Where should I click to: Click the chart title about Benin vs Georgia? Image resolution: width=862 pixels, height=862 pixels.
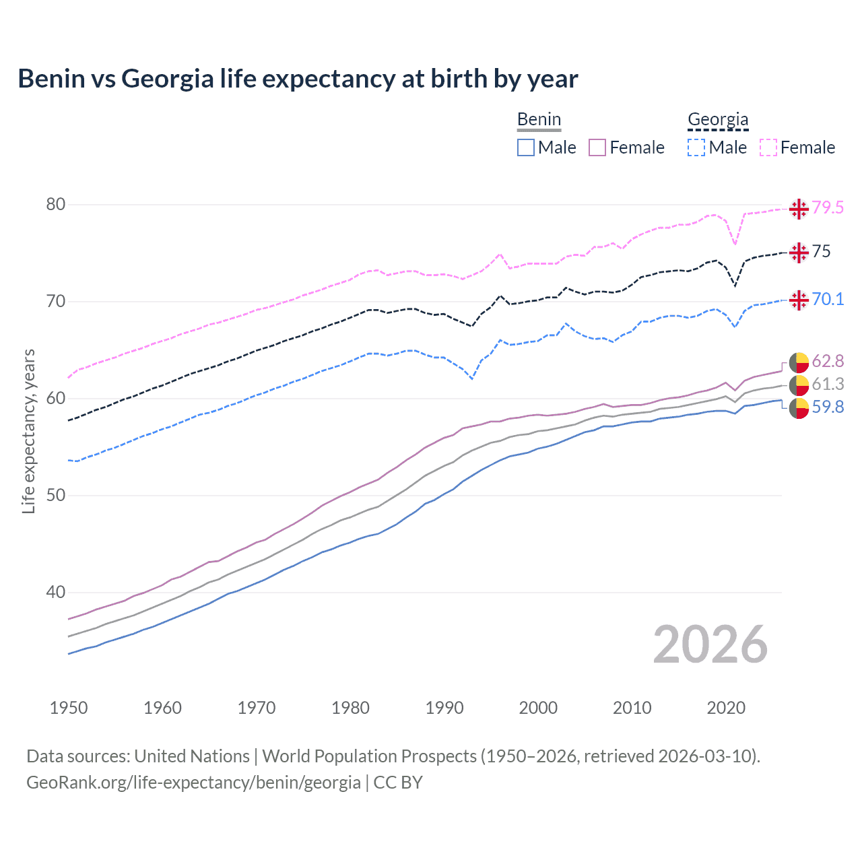point(298,79)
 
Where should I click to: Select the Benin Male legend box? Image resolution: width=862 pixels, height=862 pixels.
point(526,147)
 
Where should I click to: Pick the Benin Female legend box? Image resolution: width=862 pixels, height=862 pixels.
point(597,147)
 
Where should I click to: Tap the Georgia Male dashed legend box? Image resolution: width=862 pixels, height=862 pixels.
point(696,147)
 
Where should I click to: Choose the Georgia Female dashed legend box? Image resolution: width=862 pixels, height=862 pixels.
point(768,147)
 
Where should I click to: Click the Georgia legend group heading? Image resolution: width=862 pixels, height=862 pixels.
point(718,120)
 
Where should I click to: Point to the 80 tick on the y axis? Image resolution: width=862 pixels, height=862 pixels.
point(56,205)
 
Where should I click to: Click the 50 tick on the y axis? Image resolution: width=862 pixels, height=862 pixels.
point(56,496)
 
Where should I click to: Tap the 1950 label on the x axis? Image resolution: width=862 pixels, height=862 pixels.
point(69,708)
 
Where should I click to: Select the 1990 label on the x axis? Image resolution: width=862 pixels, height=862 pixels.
point(444,708)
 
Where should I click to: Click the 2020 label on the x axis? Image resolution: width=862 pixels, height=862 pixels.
point(726,708)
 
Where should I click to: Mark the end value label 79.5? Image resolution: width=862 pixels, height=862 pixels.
point(828,207)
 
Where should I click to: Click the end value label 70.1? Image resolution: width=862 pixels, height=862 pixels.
point(828,299)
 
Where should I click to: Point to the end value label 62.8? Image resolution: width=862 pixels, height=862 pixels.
point(828,362)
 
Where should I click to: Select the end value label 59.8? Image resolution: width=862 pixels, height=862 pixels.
point(828,407)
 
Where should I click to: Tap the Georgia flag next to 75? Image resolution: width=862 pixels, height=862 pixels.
point(799,253)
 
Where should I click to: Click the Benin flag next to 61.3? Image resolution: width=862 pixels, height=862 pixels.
point(799,385)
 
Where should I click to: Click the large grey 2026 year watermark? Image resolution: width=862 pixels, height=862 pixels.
point(710,644)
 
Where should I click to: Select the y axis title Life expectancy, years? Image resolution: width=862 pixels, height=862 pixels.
point(28,431)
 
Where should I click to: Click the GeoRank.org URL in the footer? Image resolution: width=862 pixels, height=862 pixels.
point(193,783)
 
